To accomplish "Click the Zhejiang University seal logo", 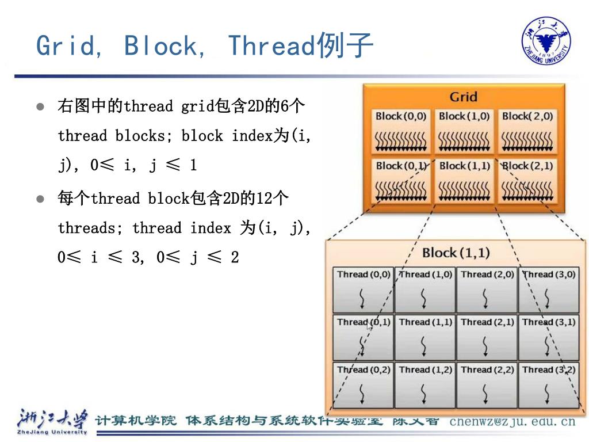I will point(546,41).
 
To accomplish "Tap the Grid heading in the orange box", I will point(463,97).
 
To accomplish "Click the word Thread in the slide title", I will point(271,46).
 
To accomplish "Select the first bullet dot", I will point(40,107).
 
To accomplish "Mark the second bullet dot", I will point(40,199).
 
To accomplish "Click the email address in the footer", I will point(512,421).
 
